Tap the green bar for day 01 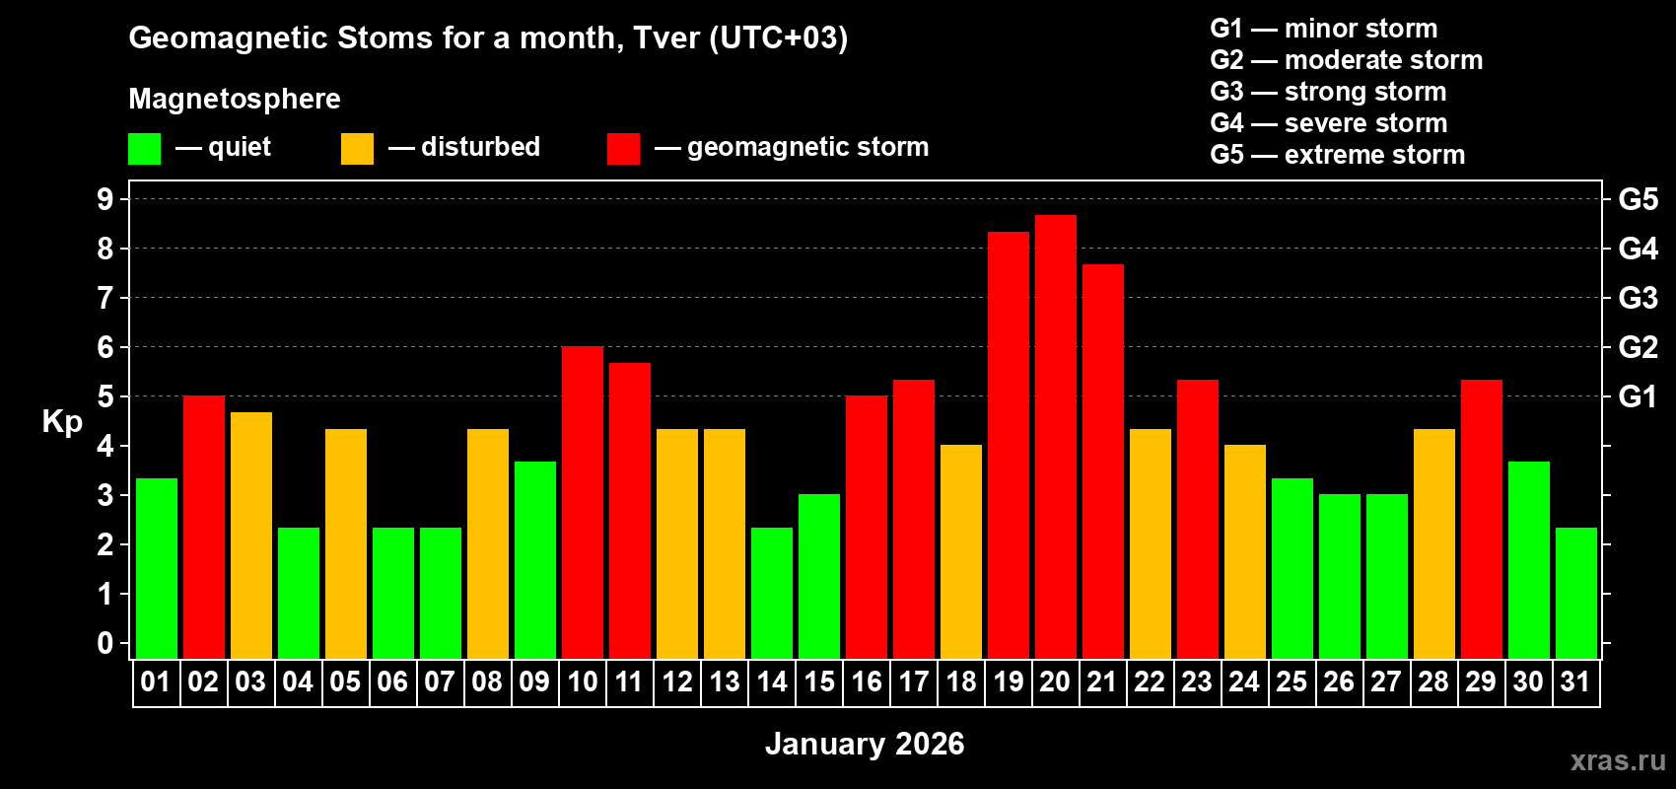(x=156, y=568)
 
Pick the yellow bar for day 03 (x=250, y=535)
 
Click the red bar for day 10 (x=582, y=502)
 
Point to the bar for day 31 (x=1575, y=593)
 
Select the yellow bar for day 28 (x=1433, y=543)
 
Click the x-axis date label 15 (x=819, y=682)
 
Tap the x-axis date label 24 (x=1244, y=682)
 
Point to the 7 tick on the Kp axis (x=105, y=298)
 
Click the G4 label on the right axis (x=1638, y=249)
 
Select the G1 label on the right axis (x=1638, y=396)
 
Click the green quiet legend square (x=145, y=149)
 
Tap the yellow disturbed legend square (x=357, y=149)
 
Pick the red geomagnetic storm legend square (x=623, y=149)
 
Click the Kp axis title (x=62, y=422)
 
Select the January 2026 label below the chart (x=865, y=744)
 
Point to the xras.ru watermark (x=1617, y=760)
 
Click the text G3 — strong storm (x=1328, y=92)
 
